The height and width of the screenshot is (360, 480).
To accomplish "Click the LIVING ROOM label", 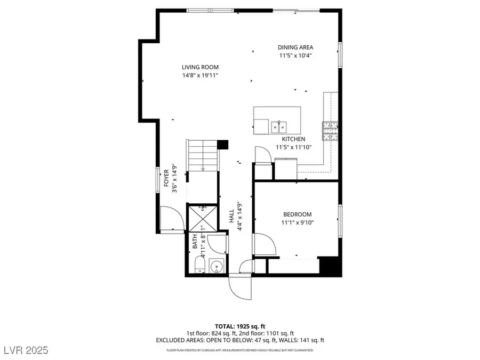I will coord(200,67).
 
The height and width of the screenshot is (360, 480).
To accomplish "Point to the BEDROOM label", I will coord(297,214).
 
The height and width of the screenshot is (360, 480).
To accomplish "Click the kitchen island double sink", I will coord(278,126).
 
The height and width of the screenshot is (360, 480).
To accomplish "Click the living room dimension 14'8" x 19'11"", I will coord(200,75).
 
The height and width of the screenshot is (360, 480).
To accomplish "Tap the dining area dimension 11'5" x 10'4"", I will coord(295,55).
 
